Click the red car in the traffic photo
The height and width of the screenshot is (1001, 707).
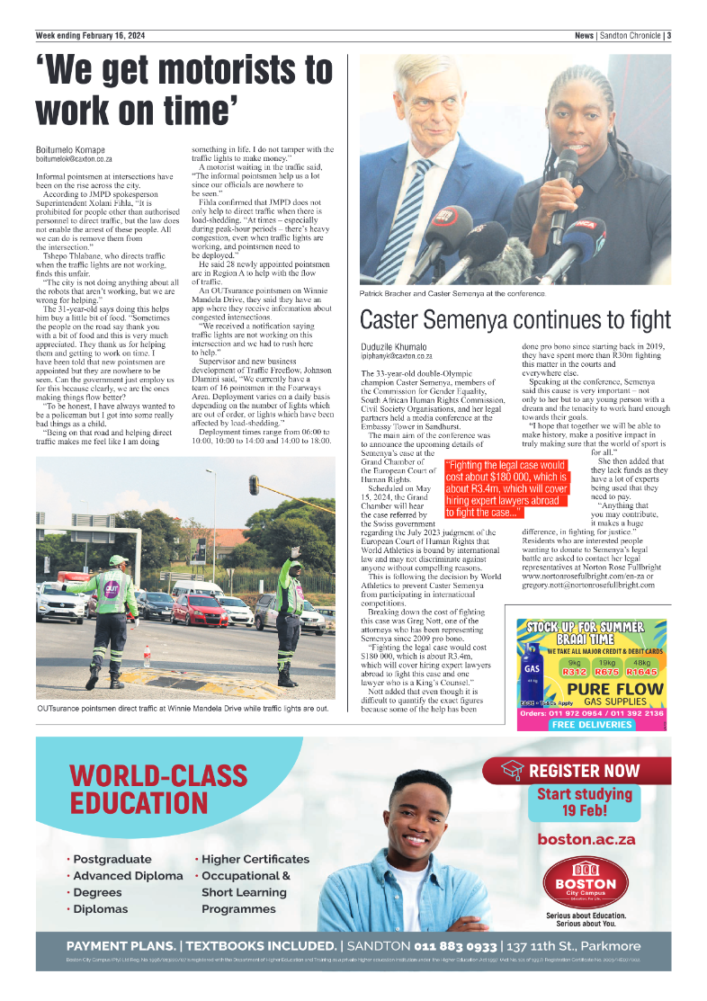tap(198, 610)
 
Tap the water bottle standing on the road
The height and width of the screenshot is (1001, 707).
tap(147, 657)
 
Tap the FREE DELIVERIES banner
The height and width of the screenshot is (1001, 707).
tap(591, 724)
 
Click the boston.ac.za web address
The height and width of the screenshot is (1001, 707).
tap(586, 839)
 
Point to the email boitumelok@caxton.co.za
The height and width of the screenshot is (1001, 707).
tap(74, 158)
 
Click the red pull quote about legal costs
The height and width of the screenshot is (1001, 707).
tap(507, 489)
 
